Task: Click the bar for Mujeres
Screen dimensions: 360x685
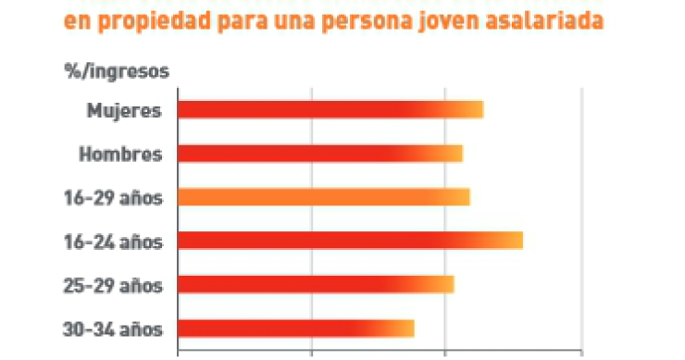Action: (x=330, y=110)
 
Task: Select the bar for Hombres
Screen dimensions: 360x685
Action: (x=319, y=154)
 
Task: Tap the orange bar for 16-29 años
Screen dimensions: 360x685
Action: (x=323, y=197)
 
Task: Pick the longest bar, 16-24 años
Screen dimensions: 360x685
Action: (x=350, y=241)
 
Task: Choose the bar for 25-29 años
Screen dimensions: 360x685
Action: (x=316, y=284)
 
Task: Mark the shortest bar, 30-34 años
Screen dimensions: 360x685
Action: (x=295, y=329)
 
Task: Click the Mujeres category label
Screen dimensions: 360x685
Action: (x=124, y=110)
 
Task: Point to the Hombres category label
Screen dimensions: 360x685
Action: (x=120, y=154)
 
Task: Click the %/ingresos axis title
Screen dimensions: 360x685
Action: (x=116, y=70)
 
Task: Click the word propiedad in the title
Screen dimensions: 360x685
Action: (x=151, y=22)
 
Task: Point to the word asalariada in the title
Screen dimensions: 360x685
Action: (x=546, y=22)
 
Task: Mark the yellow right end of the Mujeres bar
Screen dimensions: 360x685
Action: (x=474, y=110)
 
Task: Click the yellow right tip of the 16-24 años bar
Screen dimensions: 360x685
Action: (x=514, y=241)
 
